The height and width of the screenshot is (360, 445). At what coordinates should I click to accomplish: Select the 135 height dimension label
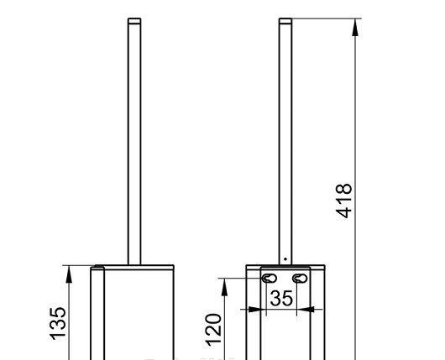(x=58, y=323)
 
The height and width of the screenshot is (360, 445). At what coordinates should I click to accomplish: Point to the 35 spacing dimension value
(x=281, y=297)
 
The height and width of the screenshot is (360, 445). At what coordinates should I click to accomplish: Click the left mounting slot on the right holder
(x=269, y=278)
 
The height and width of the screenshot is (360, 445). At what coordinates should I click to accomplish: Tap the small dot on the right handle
(x=285, y=258)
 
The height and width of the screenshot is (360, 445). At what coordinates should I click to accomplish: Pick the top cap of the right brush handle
(x=285, y=20)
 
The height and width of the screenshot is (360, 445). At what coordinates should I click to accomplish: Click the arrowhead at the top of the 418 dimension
(x=356, y=26)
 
